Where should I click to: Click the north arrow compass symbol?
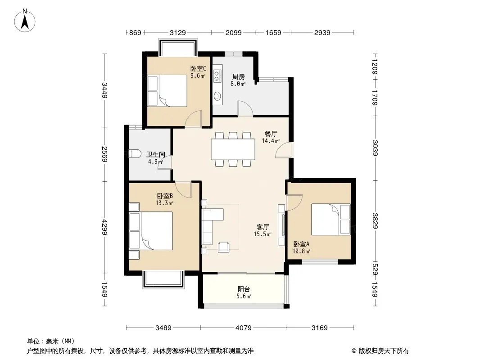pos(25,21)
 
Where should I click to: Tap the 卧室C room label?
pos(198,68)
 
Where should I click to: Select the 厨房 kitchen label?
pos(239,76)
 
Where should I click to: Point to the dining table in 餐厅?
pos(233,149)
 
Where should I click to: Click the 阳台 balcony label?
pos(244,289)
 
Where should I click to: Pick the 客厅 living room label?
pos(263,227)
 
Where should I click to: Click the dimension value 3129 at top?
pos(177,32)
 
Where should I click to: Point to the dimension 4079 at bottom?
pos(243,328)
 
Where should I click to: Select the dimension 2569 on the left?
pos(105,154)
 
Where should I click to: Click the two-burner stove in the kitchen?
pos(217,76)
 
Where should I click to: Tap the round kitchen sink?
pos(217,96)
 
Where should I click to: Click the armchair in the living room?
pos(223,247)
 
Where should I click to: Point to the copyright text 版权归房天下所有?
pos(384,351)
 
